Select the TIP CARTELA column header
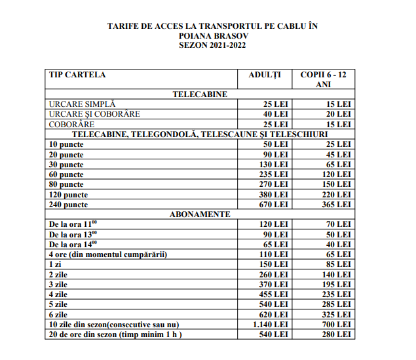pos(77,75)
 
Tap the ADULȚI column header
pos(265,75)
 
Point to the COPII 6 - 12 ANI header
pos(323,79)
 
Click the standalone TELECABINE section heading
pos(200,94)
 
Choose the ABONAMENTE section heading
pos(200,214)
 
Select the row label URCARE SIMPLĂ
pos(82,104)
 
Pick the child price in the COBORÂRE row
pos(339,124)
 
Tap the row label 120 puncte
pos(69,195)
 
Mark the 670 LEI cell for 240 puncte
pos(274,205)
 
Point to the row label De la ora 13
pos(73,234)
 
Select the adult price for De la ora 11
pos(274,224)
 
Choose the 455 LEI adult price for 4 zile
pos(274,294)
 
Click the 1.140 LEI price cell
pos(271,325)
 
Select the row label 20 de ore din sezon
pos(115,334)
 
